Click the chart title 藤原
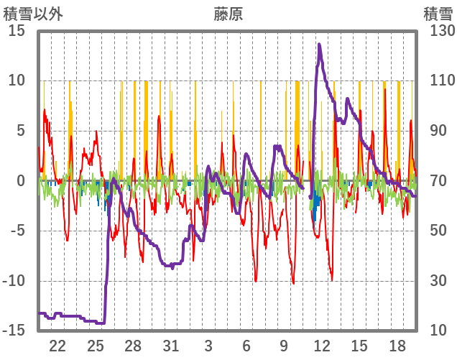(x=228, y=14)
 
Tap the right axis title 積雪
(x=437, y=14)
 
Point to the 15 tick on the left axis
(x=17, y=31)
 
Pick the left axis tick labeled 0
(x=21, y=181)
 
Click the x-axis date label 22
(x=57, y=345)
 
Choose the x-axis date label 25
(x=96, y=345)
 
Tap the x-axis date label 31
(x=171, y=345)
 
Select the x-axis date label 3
(x=208, y=345)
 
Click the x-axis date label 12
(x=321, y=345)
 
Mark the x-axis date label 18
(x=397, y=345)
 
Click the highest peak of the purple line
(x=319, y=45)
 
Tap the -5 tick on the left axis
(x=17, y=231)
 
